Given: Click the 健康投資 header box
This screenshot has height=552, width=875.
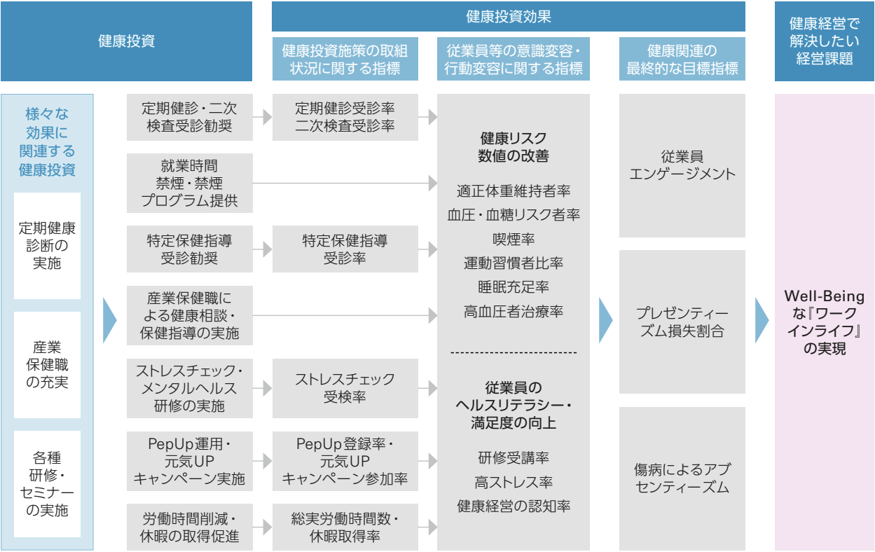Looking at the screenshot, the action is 126,41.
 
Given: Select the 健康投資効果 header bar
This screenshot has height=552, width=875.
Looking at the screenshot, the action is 508,16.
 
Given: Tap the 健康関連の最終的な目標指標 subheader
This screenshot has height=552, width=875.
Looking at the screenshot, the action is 682,59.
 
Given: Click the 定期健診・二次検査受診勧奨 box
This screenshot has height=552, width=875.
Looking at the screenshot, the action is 189,117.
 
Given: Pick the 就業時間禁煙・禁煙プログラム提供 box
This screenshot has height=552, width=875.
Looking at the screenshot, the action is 189,183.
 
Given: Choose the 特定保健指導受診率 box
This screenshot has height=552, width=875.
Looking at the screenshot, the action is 345,249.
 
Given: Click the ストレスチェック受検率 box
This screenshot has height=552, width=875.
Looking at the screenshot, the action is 345,388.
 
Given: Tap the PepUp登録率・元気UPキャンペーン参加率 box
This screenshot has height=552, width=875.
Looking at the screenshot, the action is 345,461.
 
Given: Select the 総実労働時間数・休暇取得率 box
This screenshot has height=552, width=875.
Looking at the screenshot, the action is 345,527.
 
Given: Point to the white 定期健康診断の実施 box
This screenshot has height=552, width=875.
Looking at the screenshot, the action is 47,246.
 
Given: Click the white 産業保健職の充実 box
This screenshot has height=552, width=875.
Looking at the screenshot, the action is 47,365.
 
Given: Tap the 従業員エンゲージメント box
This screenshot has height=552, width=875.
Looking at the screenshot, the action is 682,165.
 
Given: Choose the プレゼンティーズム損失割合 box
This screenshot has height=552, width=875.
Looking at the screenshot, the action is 682,322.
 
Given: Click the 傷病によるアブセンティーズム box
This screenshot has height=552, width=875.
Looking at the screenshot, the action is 682,478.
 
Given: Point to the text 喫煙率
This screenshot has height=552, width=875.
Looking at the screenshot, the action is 514,239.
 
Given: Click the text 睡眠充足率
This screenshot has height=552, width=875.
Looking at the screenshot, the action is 514,287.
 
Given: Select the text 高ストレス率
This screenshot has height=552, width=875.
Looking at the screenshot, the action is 514,483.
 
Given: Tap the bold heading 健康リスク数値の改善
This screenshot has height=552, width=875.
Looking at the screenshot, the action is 514,147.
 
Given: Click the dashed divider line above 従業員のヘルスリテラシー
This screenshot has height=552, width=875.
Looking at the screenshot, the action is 514,352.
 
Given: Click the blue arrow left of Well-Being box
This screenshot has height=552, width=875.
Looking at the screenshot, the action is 762,320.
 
